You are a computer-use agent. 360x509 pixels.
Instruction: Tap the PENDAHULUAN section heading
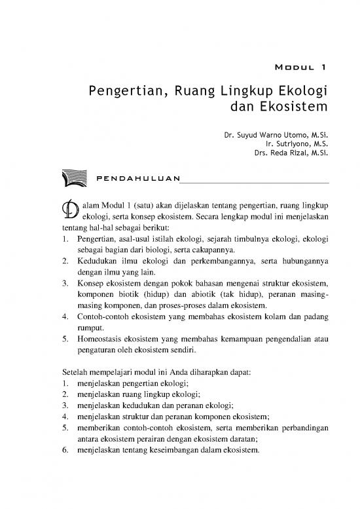click(x=137, y=178)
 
